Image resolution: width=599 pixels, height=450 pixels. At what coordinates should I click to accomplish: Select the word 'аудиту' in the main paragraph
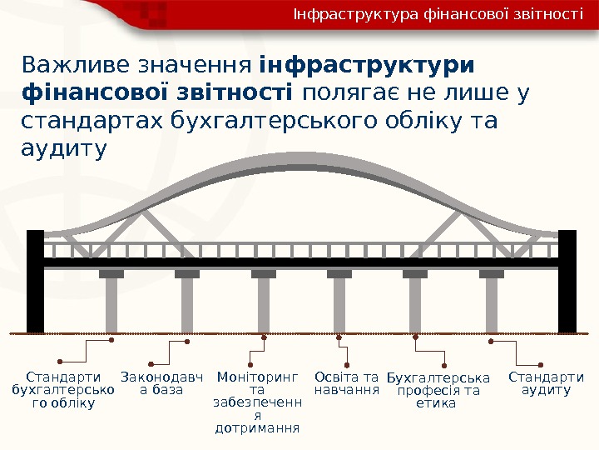(63, 149)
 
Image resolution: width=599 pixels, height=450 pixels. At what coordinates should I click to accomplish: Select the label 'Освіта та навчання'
(347, 383)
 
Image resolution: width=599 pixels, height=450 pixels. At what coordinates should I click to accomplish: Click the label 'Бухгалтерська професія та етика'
(438, 390)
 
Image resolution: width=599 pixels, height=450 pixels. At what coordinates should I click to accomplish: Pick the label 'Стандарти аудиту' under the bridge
(546, 383)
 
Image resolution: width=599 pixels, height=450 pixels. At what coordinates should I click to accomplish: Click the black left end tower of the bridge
(35, 282)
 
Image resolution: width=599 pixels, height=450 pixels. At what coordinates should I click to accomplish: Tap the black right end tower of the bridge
(567, 282)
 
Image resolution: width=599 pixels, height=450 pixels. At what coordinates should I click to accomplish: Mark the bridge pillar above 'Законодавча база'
(187, 304)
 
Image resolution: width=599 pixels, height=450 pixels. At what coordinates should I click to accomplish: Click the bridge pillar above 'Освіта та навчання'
(339, 304)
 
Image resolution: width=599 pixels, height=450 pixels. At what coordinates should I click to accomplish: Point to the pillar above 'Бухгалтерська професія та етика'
(415, 304)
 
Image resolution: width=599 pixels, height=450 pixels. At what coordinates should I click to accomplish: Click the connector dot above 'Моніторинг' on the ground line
(264, 337)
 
